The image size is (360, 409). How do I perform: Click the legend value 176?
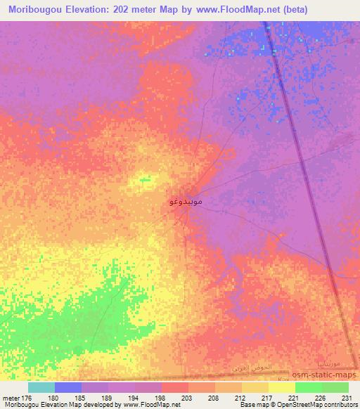click(x=27, y=397)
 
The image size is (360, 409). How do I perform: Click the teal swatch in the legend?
click(x=41, y=387)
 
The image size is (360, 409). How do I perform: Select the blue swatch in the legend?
click(x=68, y=387)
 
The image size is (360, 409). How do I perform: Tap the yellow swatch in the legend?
click(x=282, y=387)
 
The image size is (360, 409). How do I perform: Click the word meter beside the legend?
click(x=11, y=397)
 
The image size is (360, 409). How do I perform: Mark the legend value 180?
click(x=54, y=397)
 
